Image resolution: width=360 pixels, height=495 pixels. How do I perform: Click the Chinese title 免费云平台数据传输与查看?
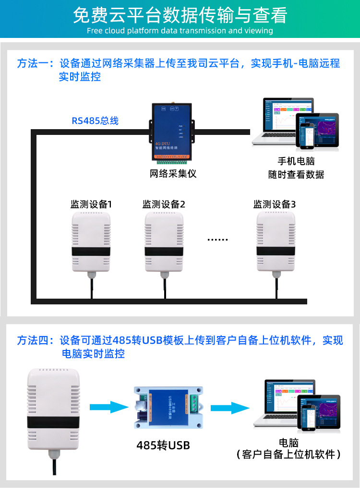[x=180, y=15]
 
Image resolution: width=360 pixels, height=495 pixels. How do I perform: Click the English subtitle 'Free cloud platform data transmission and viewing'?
[x=180, y=31]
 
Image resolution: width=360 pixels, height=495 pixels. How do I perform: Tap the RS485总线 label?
[x=95, y=121]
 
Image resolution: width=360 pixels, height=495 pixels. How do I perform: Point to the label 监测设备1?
[x=91, y=204]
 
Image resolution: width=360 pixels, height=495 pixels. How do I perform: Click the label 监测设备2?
[x=164, y=204]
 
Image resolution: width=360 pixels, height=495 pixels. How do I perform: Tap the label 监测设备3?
[x=275, y=204]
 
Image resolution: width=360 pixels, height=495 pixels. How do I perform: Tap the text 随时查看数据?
[x=296, y=175]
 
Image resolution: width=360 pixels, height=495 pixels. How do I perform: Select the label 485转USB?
[x=163, y=446]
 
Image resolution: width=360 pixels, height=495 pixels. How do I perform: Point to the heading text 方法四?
[x=37, y=340]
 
